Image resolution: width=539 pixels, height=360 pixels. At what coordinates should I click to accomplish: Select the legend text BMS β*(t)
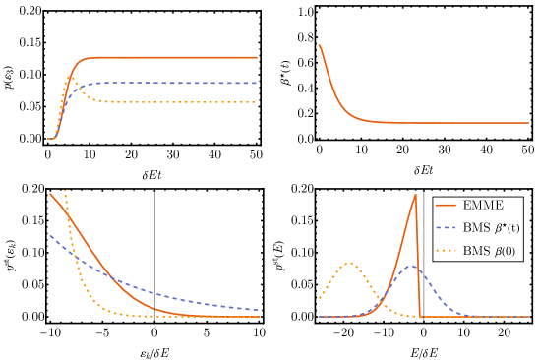[x=491, y=227]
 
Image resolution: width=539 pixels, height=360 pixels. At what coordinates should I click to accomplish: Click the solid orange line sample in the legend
[x=446, y=206]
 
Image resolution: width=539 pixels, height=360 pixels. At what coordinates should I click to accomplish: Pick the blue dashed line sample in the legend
[x=446, y=227]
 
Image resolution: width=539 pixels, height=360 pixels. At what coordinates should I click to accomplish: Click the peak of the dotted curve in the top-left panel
[x=70, y=76]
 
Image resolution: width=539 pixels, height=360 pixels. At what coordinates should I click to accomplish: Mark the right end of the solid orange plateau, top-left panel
[x=258, y=57]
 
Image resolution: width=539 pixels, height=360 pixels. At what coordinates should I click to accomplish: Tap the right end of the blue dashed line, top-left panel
[x=258, y=83]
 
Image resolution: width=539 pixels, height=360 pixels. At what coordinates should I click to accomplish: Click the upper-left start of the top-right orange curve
[x=319, y=44]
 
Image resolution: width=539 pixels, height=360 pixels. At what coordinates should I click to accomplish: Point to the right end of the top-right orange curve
[x=528, y=123]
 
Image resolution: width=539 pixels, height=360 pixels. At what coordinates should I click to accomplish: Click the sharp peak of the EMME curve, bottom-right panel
[x=415, y=194]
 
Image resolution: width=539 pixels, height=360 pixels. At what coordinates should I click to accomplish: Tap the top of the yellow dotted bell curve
[x=350, y=263]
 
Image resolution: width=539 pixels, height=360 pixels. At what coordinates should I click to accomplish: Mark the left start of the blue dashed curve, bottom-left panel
[x=49, y=235]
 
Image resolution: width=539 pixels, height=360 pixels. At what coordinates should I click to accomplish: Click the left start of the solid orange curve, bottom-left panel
[x=49, y=193]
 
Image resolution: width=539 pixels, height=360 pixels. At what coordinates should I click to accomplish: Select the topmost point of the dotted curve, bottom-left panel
[x=65, y=190]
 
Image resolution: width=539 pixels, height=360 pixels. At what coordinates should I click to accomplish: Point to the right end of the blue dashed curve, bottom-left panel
[x=259, y=310]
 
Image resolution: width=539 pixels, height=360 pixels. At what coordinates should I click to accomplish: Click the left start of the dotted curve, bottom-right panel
[x=319, y=297]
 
